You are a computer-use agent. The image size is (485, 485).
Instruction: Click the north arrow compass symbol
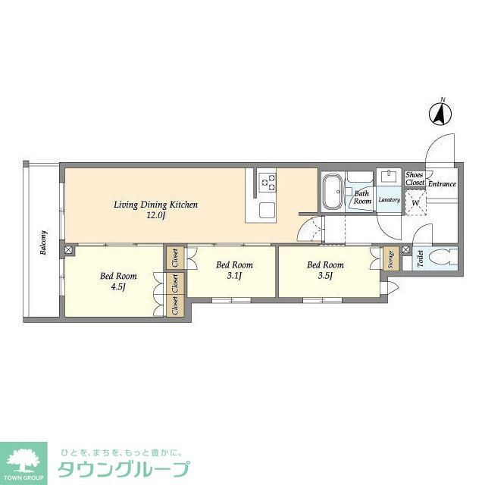(440, 114)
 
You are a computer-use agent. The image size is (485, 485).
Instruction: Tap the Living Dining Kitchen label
(155, 205)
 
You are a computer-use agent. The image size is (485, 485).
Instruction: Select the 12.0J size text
(155, 216)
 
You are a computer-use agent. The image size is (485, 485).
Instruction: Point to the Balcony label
(44, 243)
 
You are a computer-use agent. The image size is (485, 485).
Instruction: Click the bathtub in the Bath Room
(331, 193)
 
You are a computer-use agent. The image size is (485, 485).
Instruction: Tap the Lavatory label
(389, 200)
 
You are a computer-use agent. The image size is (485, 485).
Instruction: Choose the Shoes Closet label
(415, 179)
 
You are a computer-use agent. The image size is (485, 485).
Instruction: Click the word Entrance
(442, 184)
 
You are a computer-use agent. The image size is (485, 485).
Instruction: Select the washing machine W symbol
(415, 202)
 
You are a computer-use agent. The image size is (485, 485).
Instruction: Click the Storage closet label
(391, 259)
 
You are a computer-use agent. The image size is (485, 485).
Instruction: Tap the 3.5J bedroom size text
(325, 277)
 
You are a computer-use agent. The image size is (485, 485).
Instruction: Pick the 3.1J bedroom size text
(234, 277)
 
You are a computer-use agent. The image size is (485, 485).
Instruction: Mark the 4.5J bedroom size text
(118, 287)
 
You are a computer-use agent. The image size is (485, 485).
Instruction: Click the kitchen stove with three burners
(268, 180)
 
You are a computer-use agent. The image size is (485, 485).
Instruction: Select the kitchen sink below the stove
(268, 208)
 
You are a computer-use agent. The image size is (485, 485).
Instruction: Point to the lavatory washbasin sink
(390, 177)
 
